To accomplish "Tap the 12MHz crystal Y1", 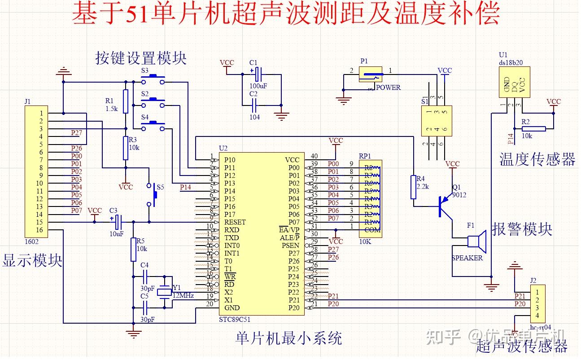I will pyautogui.click(x=165, y=292).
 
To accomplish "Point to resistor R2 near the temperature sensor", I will pyautogui.click(x=533, y=129).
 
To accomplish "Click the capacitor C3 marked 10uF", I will pyautogui.click(x=117, y=221).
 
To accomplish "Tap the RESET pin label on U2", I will pyautogui.click(x=235, y=222).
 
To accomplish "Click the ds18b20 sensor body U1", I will pyautogui.click(x=514, y=82).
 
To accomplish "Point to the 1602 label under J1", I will pyautogui.click(x=31, y=241).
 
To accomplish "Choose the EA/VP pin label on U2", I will pyautogui.click(x=289, y=230).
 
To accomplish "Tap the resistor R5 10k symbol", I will pyautogui.click(x=133, y=250).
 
